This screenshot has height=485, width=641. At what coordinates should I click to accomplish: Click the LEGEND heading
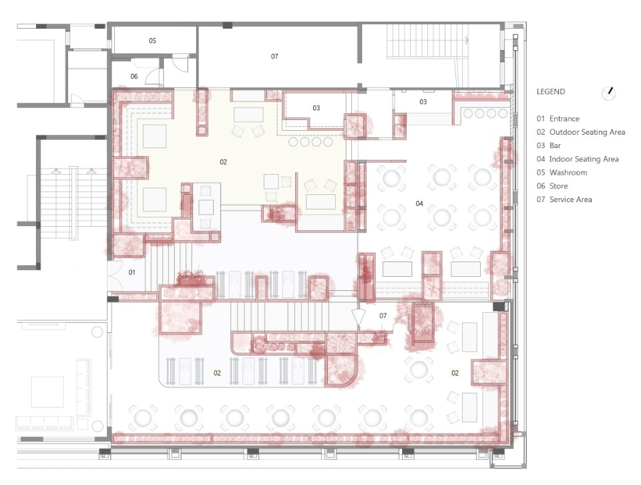point(551,92)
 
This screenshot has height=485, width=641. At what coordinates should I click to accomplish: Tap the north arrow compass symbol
point(609,93)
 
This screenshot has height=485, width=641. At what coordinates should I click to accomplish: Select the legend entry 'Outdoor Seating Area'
point(587,132)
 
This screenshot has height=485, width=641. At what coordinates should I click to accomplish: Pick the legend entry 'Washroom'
point(568,172)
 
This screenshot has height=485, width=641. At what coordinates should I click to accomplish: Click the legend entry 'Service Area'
point(570,199)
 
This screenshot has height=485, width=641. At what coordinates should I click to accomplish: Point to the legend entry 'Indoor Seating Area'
point(584,159)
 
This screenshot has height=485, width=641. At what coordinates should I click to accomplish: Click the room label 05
point(152,41)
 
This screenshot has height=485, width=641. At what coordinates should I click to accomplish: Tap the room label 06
point(134,76)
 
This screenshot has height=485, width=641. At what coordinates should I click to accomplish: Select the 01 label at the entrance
point(132,272)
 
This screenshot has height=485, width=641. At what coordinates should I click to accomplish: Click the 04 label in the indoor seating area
point(419,203)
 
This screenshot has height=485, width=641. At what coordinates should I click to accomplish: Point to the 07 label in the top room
point(274,57)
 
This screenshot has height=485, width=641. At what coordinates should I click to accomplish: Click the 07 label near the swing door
point(383,316)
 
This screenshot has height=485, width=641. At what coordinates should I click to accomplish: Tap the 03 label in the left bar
point(316,108)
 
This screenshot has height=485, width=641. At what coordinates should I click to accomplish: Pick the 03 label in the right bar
point(423,102)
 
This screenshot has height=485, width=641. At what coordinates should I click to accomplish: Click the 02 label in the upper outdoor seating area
point(223,162)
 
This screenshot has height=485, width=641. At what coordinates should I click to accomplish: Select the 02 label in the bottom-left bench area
point(217,373)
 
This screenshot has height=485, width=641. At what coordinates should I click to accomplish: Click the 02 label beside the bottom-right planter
point(455,373)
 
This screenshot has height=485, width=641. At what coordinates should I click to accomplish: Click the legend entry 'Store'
point(558,186)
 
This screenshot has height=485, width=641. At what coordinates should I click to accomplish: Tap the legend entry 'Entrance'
point(564,119)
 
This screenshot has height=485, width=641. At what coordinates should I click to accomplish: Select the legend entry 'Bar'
point(555,145)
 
